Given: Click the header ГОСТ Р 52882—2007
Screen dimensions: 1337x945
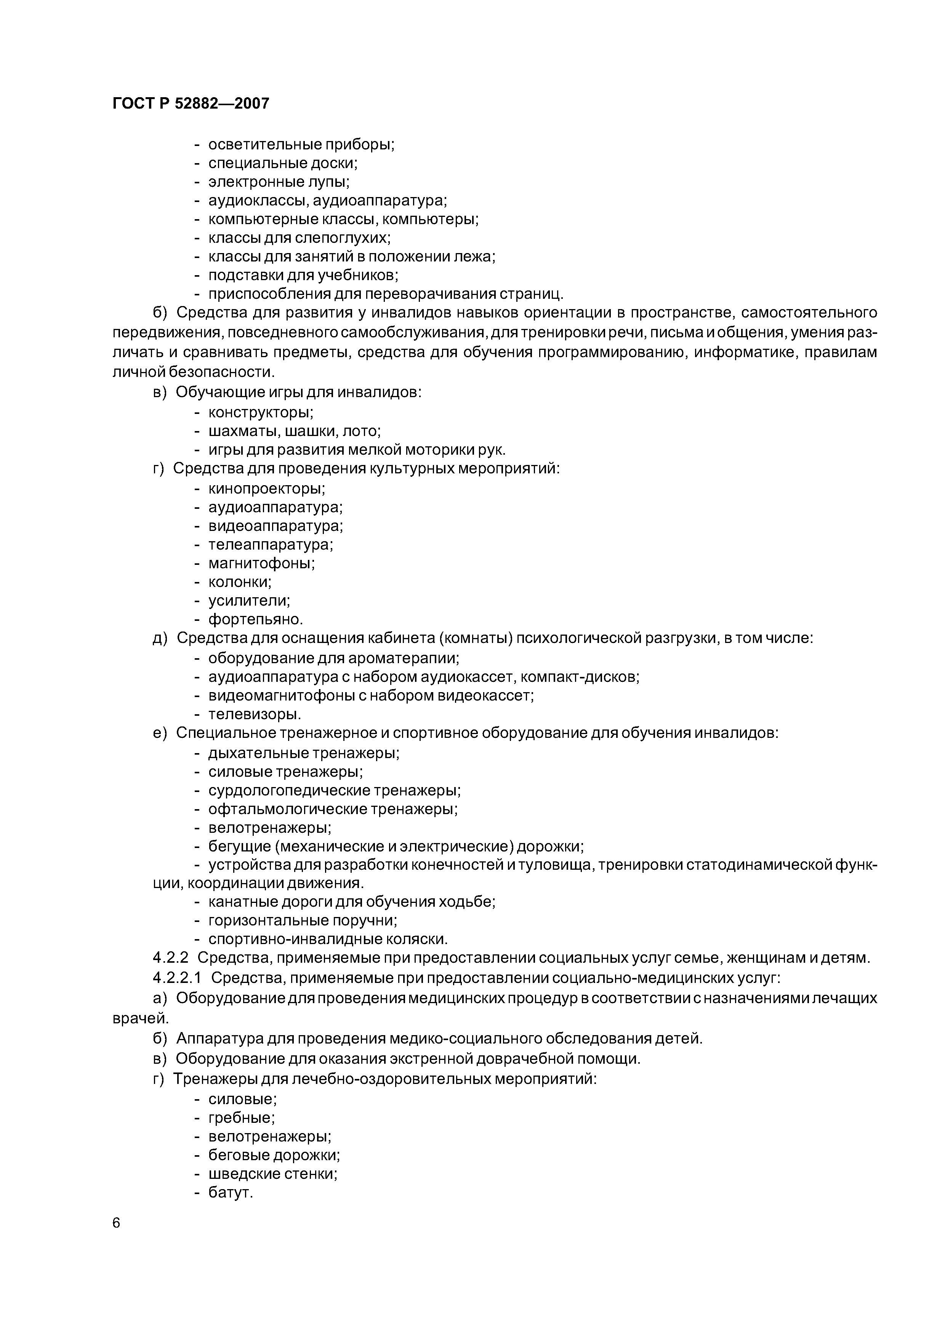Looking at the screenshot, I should point(191,104).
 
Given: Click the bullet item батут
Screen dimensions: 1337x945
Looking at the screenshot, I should point(231,1193).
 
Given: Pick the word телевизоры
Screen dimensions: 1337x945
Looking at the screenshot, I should point(255,714).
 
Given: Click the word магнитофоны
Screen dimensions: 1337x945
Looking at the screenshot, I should point(261,563).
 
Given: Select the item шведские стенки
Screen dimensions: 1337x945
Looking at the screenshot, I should point(272,1173).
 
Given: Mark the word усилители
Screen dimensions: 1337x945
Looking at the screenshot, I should point(248,600).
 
